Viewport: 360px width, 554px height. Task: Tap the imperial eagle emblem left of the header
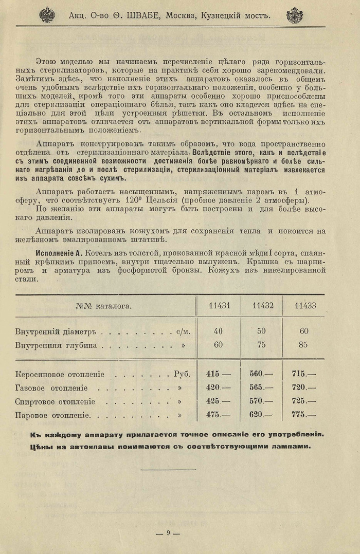pyautogui.click(x=47, y=15)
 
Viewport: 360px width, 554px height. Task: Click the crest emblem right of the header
pyautogui.click(x=295, y=15)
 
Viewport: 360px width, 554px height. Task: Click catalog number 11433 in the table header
pyautogui.click(x=305, y=306)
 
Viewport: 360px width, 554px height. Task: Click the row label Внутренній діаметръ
pyautogui.click(x=56, y=332)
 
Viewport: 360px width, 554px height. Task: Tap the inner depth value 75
pyautogui.click(x=262, y=345)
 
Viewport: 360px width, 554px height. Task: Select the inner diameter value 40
pyautogui.click(x=218, y=332)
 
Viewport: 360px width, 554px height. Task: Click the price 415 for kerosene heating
pyautogui.click(x=213, y=374)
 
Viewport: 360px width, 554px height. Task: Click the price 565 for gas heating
pyautogui.click(x=256, y=388)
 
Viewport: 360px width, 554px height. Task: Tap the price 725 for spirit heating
pyautogui.click(x=299, y=401)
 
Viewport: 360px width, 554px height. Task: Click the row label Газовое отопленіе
pyautogui.click(x=51, y=389)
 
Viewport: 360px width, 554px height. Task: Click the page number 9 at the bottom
pyautogui.click(x=168, y=533)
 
